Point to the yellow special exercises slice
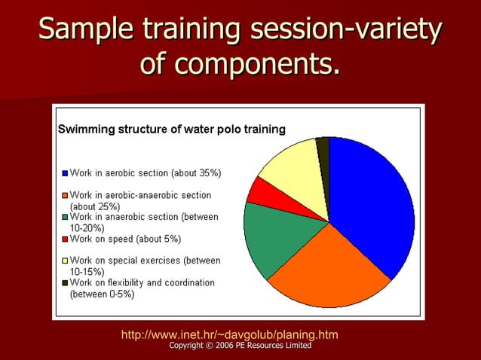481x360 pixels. click(x=290, y=166)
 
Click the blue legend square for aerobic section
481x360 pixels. click(x=66, y=173)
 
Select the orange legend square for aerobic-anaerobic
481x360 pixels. click(x=66, y=195)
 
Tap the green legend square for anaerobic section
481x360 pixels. click(x=66, y=217)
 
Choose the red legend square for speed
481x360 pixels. click(x=66, y=239)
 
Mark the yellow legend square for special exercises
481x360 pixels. click(x=66, y=261)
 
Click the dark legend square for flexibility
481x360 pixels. click(x=66, y=283)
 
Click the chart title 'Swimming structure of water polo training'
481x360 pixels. click(x=172, y=129)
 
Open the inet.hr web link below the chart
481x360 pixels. click(x=229, y=334)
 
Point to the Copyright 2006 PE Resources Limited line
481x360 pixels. click(x=240, y=345)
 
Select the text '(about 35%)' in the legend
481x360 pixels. click(x=196, y=173)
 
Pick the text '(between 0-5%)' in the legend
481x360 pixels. click(x=103, y=294)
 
